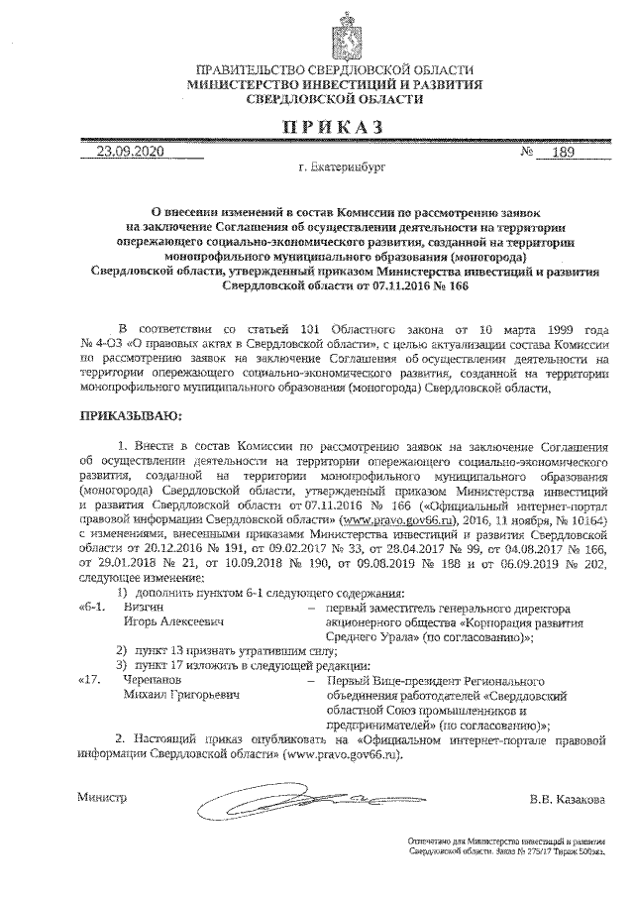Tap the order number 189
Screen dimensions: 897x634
pyautogui.click(x=561, y=153)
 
